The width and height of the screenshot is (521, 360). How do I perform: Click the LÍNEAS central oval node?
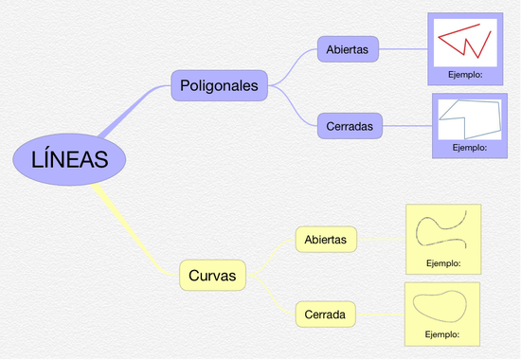coord(63,159)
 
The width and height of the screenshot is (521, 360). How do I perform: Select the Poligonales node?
coord(219,86)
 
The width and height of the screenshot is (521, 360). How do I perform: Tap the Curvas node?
coord(212,276)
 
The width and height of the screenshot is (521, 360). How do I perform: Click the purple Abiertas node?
coord(348,48)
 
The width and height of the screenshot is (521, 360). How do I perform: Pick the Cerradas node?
coord(349,124)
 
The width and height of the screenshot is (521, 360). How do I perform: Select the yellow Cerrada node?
coord(324,313)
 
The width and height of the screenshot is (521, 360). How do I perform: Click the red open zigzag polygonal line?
coord(464,40)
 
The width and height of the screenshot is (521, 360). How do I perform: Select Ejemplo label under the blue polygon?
coord(469,148)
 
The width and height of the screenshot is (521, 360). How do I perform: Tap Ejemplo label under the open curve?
coord(443,262)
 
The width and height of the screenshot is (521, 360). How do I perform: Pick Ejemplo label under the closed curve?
coord(441,334)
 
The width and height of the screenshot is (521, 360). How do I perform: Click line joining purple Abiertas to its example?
coord(403,48)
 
